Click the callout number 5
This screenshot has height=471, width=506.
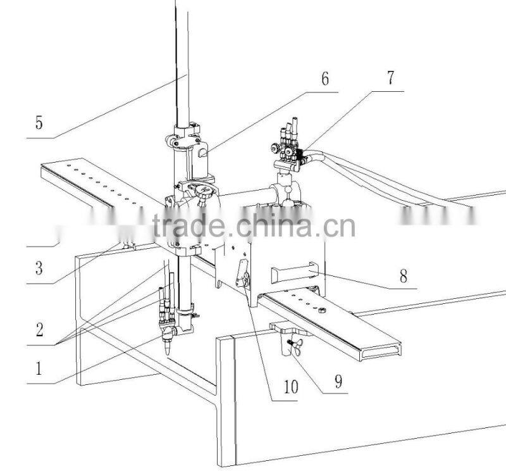(39, 122)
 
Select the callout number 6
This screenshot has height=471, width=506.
(325, 79)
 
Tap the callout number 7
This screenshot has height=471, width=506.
(390, 78)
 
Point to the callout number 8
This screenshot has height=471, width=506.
(404, 276)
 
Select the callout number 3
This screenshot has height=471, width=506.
(39, 268)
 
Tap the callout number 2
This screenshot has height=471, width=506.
(39, 329)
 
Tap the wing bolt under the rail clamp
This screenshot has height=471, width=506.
(293, 345)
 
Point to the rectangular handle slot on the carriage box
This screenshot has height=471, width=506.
(293, 273)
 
